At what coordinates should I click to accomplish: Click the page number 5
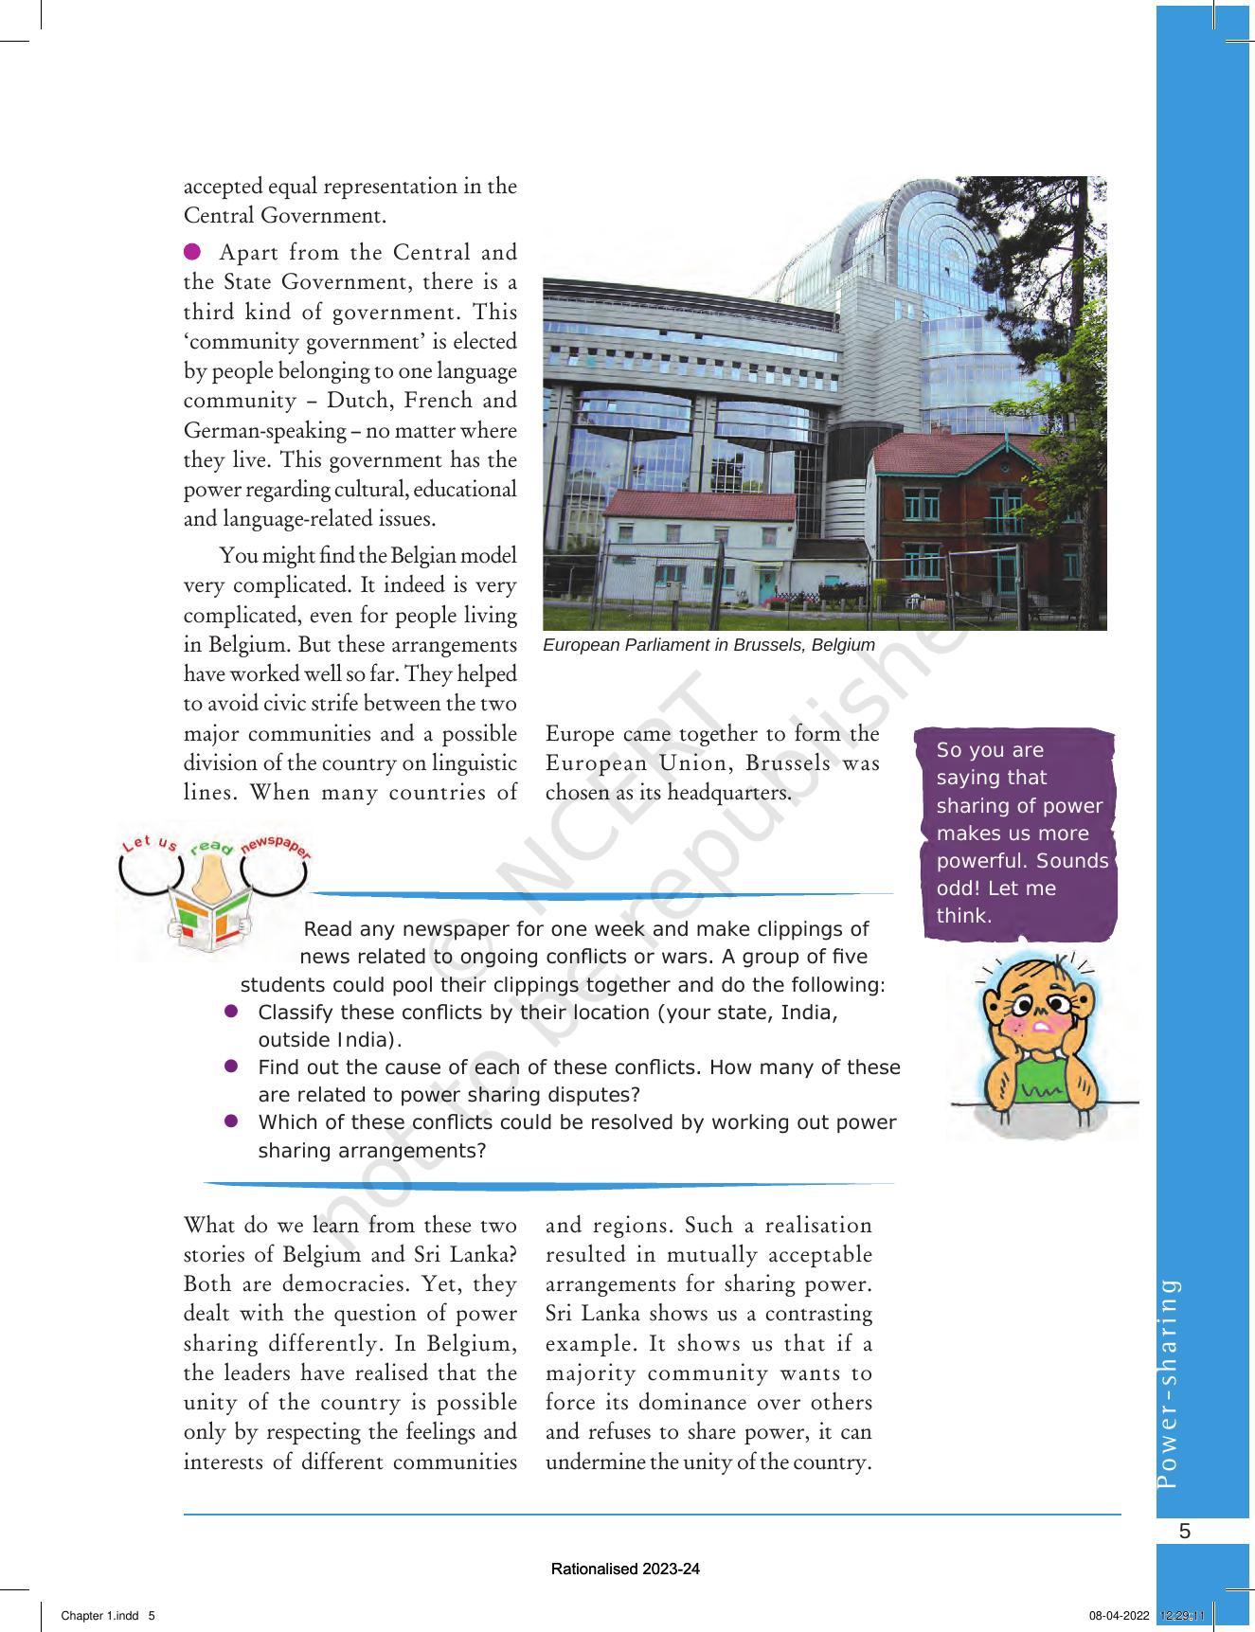(1185, 1532)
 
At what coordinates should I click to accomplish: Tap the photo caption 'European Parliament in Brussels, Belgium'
(708, 645)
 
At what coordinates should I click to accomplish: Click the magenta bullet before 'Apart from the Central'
(192, 252)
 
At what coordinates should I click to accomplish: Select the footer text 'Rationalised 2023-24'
(625, 1569)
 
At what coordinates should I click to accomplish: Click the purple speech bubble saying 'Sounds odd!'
(1019, 834)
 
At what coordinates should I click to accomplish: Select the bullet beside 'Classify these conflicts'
(230, 1012)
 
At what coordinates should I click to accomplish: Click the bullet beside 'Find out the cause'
(230, 1067)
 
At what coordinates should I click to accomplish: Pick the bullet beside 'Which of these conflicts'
(230, 1121)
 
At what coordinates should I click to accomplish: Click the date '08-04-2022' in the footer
(1119, 1616)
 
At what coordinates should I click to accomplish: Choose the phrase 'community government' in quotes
(256, 342)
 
